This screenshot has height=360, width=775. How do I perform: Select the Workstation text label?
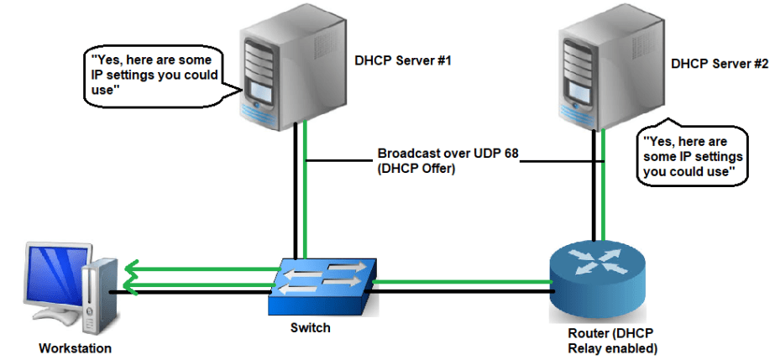(75, 347)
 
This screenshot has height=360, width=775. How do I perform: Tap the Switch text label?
(311, 328)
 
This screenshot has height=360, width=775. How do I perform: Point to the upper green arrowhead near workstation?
(130, 270)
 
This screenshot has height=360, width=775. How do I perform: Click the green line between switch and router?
(462, 279)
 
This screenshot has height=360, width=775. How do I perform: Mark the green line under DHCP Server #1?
(306, 201)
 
